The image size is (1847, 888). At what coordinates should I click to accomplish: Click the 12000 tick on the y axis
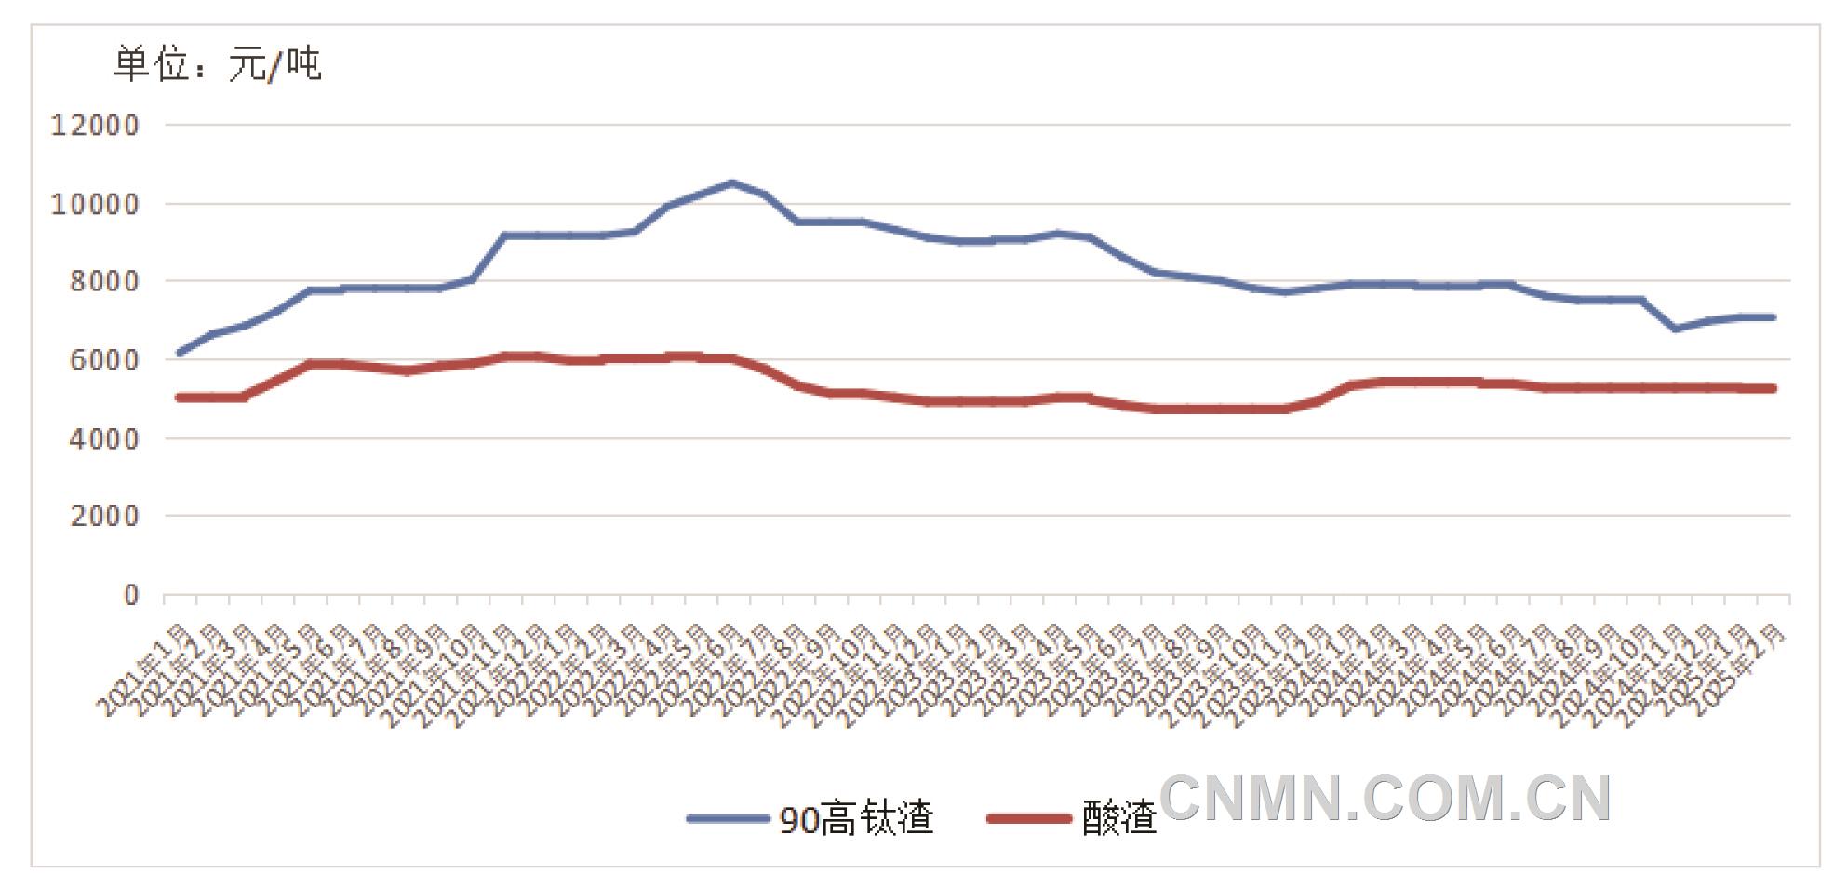[94, 125]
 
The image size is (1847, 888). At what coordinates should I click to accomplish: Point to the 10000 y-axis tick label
[94, 204]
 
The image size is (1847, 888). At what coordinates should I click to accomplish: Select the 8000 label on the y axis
[104, 281]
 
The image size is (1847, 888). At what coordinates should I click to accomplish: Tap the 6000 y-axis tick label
[104, 360]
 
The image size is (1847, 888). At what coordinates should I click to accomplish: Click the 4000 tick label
[104, 438]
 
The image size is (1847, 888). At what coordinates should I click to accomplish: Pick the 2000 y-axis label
[104, 516]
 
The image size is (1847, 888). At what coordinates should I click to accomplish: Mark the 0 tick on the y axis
[131, 595]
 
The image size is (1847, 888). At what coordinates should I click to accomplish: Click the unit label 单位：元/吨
[217, 64]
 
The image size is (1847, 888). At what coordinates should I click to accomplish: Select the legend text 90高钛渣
[856, 819]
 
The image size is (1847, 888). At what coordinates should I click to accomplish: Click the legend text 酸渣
[1118, 819]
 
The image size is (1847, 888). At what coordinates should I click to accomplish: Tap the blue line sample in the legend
[728, 819]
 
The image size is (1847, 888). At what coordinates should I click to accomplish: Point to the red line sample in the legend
[1029, 819]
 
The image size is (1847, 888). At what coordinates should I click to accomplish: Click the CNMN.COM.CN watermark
[1385, 799]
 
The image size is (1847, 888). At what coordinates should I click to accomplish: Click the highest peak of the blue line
[732, 182]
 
